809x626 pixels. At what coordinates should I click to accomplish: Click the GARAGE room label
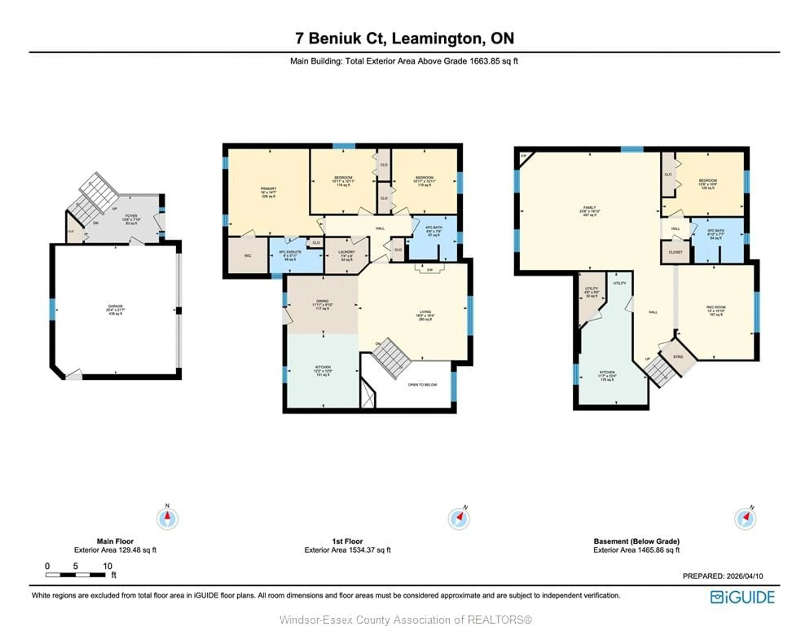tap(115, 306)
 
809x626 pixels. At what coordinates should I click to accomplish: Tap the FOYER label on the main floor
tap(131, 216)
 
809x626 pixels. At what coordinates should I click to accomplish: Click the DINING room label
tap(322, 301)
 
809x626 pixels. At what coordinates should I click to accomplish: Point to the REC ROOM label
tap(716, 307)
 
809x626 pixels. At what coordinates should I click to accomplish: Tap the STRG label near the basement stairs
tap(678, 357)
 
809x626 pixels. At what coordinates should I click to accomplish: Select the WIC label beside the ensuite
tap(248, 256)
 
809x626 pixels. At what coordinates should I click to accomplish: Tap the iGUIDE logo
tap(742, 597)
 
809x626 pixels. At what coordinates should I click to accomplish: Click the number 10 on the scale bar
tap(107, 566)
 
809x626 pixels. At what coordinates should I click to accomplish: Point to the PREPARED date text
tap(722, 576)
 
